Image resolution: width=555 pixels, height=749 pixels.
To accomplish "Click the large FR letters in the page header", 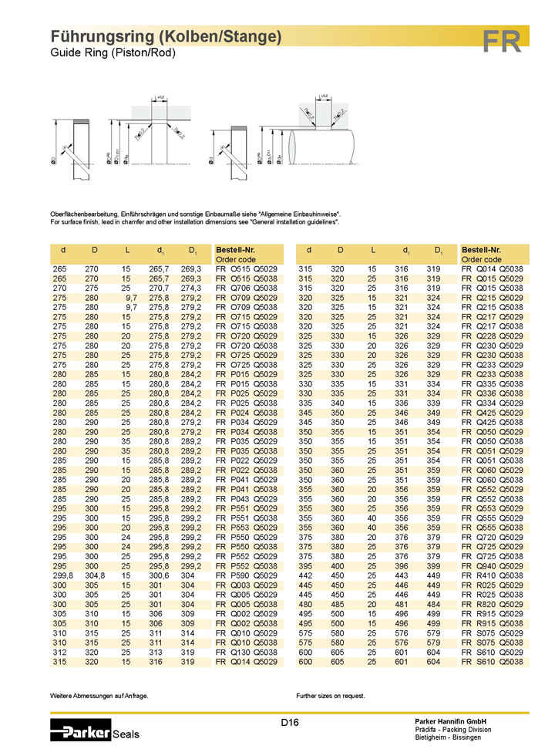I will click(x=502, y=41).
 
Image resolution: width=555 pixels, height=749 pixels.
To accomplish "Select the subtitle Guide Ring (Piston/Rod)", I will click(x=113, y=53).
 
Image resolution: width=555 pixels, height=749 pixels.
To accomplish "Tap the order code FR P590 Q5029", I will click(x=246, y=575).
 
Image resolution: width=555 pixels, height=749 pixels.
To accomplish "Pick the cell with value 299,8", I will click(x=62, y=575).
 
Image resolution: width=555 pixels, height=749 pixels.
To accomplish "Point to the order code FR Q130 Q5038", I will click(x=246, y=652).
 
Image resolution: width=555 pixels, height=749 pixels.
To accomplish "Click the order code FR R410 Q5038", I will click(x=492, y=575).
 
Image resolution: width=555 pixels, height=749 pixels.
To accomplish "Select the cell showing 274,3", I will click(x=190, y=288).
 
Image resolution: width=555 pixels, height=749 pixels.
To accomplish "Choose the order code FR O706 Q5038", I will click(x=246, y=288).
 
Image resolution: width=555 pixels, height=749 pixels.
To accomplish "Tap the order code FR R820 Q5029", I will click(x=492, y=604).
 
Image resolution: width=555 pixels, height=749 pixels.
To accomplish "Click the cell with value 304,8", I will click(x=94, y=575).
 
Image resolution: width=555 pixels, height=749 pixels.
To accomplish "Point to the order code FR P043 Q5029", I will click(x=246, y=498).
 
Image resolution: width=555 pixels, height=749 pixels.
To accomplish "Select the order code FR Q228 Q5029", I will click(x=492, y=326).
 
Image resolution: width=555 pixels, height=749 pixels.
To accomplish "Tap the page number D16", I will click(x=290, y=723).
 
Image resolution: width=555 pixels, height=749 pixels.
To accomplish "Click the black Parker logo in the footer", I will click(x=81, y=729).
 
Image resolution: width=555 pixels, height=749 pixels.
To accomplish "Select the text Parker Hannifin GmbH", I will click(x=449, y=720).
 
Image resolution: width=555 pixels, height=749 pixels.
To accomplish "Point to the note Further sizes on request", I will click(x=336, y=696).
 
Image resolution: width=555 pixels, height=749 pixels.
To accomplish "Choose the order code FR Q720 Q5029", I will click(x=492, y=537).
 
